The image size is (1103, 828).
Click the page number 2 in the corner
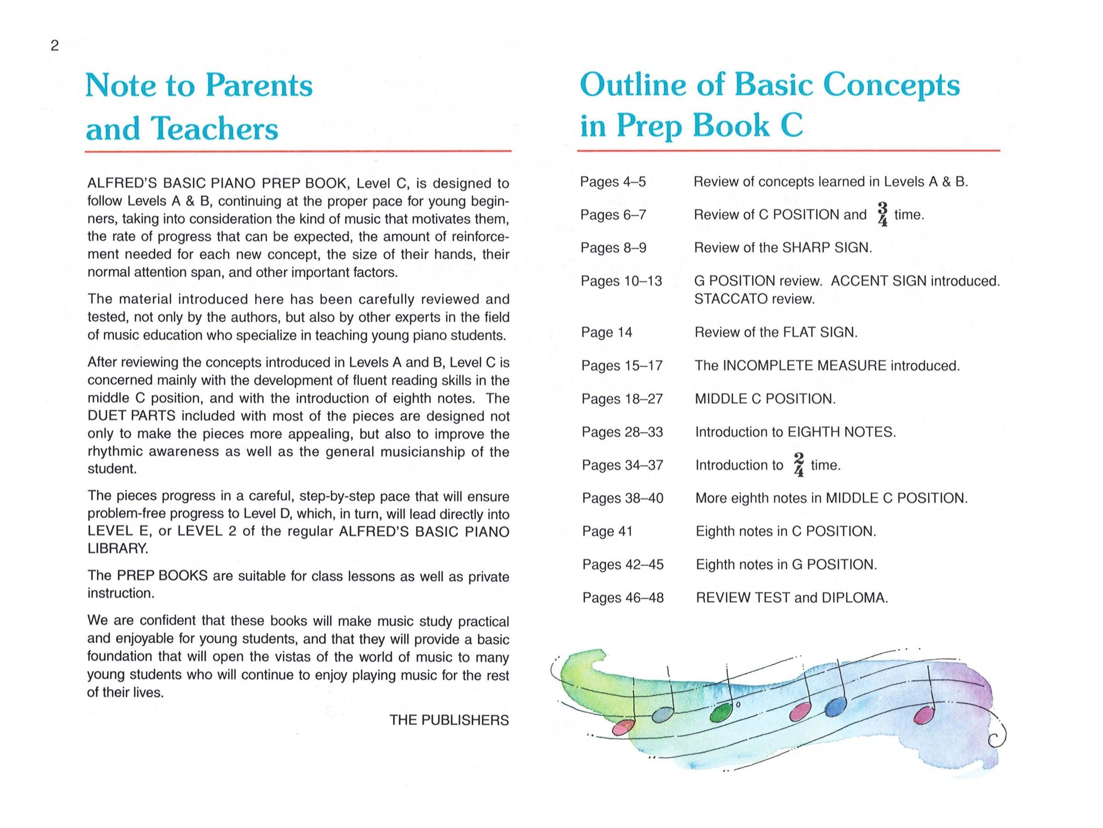point(54,46)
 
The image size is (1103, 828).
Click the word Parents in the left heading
point(258,86)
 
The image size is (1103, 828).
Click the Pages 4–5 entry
point(613,182)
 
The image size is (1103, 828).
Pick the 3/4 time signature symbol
point(882,214)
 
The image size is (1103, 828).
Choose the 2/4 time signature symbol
point(799,465)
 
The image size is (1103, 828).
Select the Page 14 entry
point(606,332)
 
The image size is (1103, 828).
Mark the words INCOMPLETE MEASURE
point(804,366)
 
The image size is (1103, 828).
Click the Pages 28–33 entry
point(622,432)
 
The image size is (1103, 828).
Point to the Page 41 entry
point(607,531)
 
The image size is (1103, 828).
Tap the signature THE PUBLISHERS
point(449,720)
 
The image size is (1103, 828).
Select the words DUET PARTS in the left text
point(123,416)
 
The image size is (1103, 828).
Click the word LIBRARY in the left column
point(117,549)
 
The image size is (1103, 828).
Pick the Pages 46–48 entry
point(623,598)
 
